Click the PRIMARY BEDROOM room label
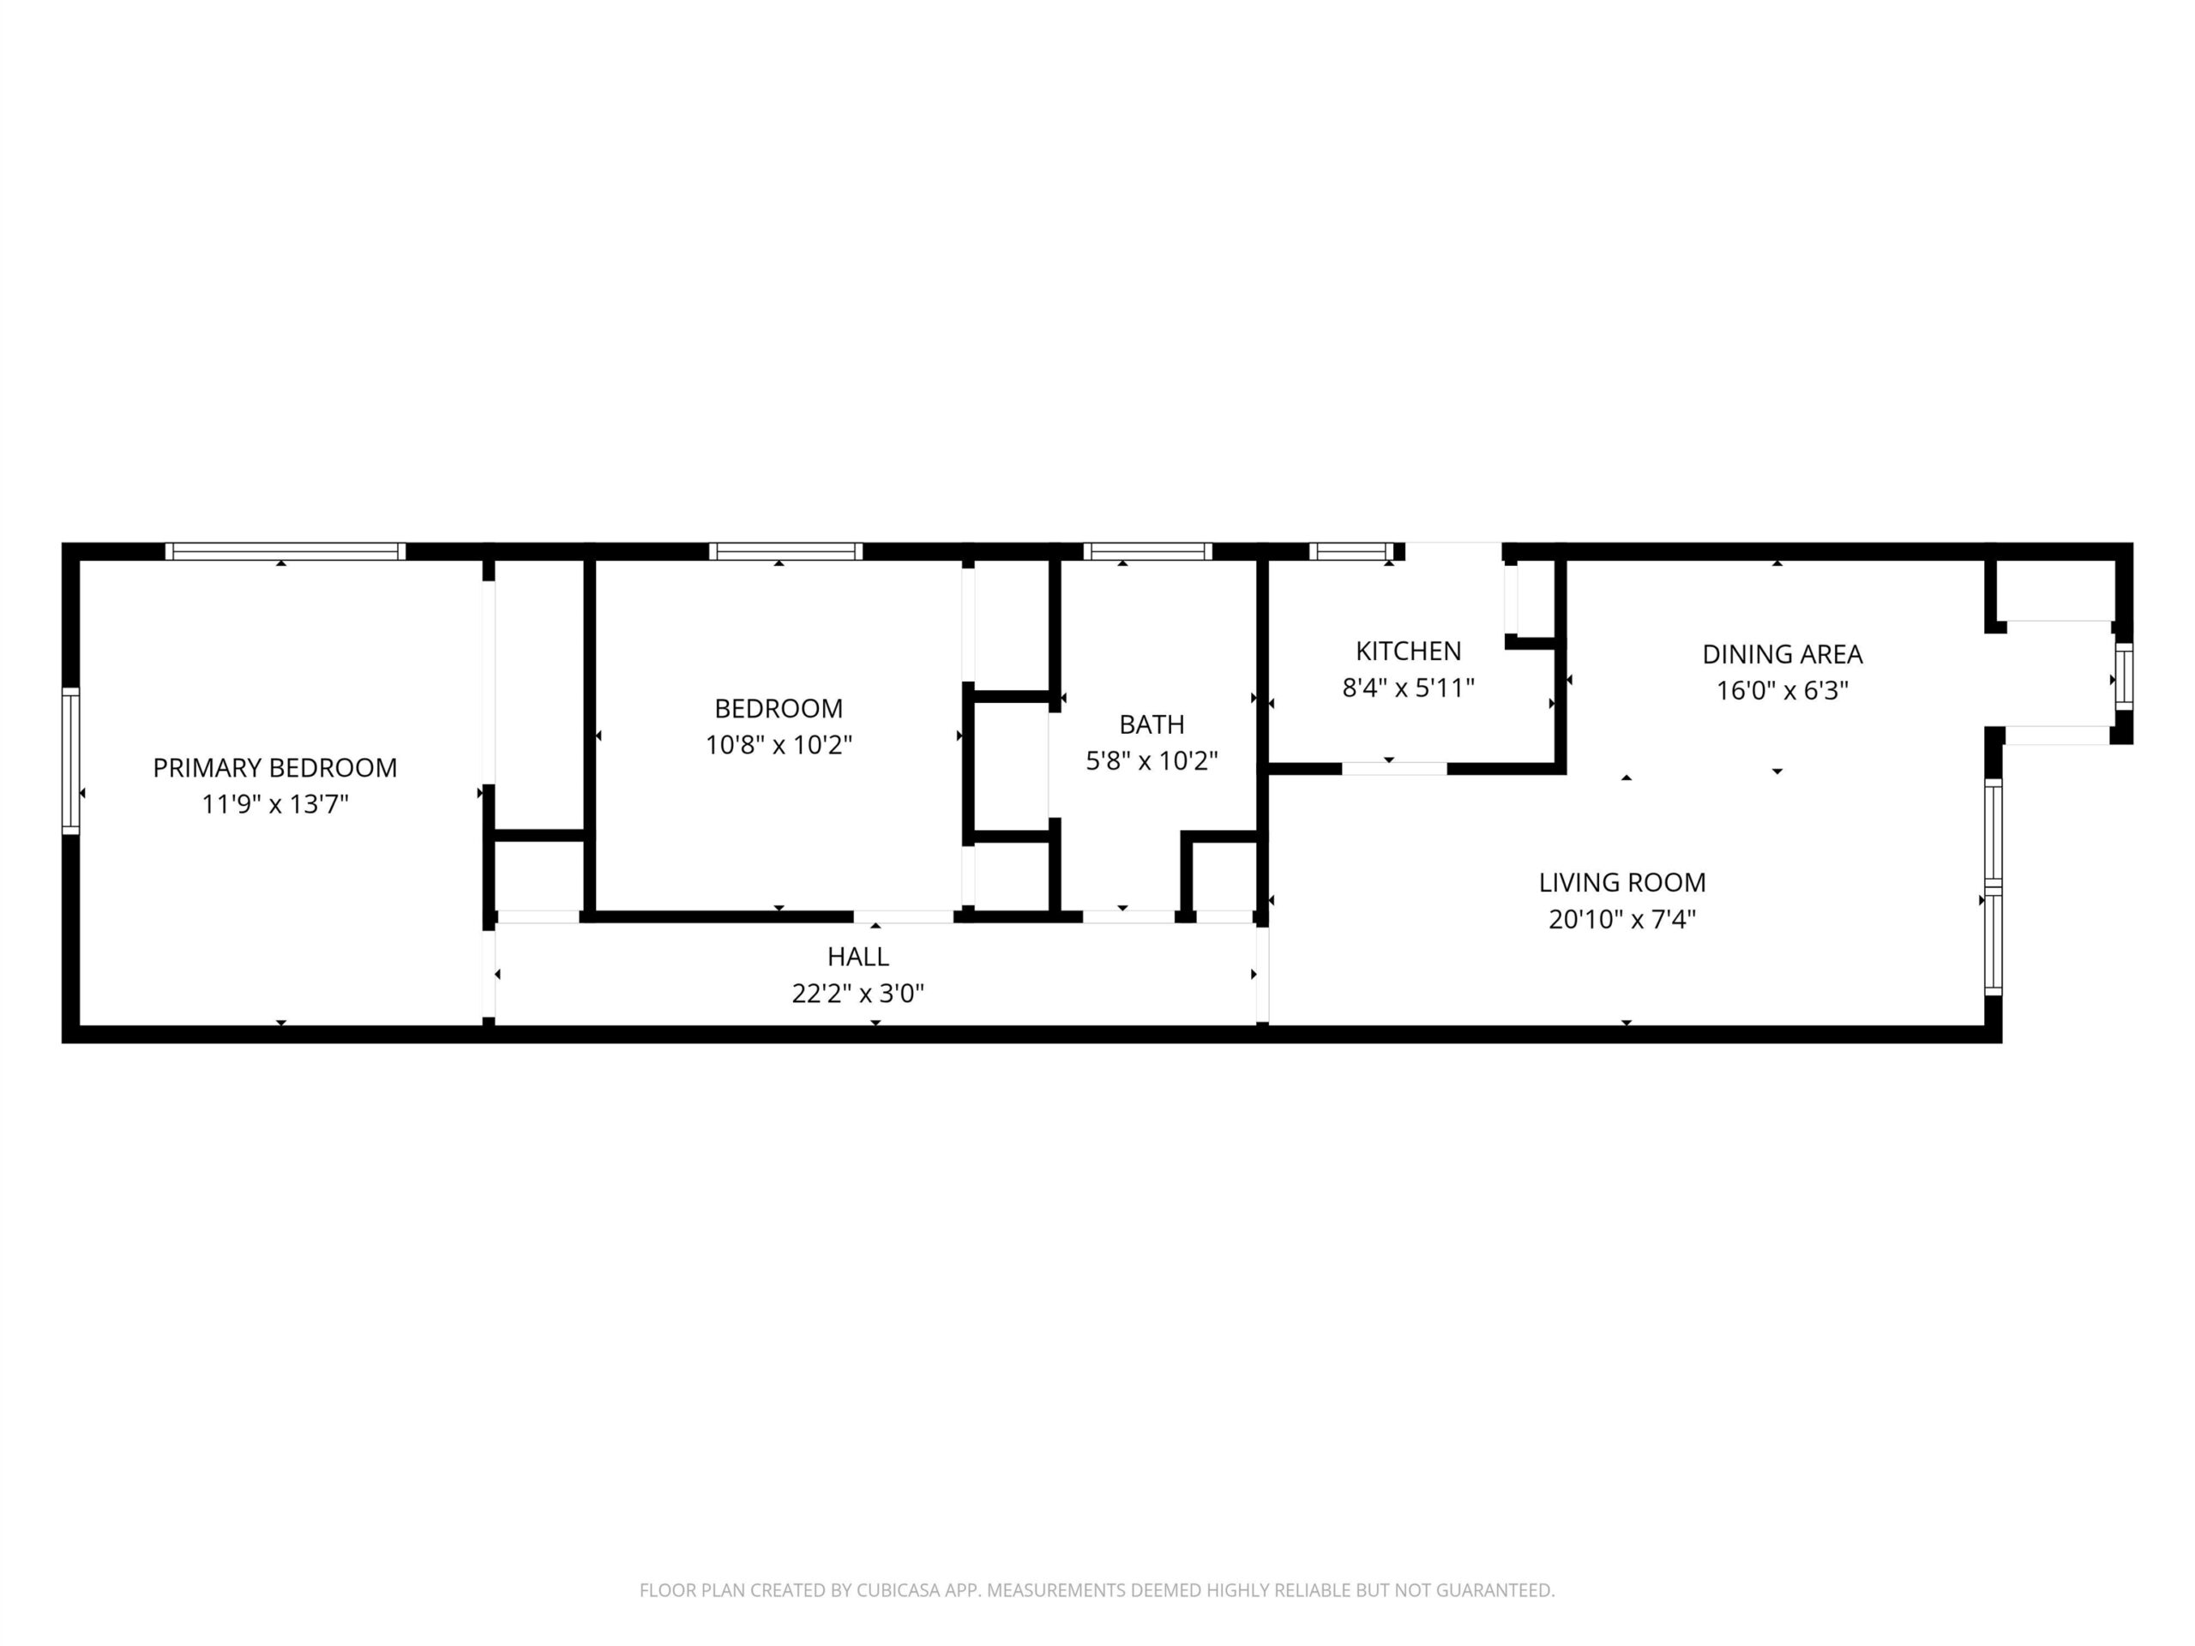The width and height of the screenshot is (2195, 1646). [x=275, y=767]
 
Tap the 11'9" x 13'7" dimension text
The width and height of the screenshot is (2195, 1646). [x=275, y=803]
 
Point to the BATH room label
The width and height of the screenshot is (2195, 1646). [x=1152, y=724]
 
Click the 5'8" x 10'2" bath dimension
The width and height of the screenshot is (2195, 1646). [x=1152, y=761]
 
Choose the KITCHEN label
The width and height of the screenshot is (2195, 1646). [x=1408, y=651]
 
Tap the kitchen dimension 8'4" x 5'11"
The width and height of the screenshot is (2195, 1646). [x=1408, y=688]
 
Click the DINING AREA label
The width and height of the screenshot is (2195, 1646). [x=1783, y=654]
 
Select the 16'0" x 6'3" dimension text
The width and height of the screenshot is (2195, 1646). [x=1783, y=690]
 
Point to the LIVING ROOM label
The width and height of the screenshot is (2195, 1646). [x=1622, y=882]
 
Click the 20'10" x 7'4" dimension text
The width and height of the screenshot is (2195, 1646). [x=1622, y=920]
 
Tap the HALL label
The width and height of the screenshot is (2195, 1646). [x=858, y=957]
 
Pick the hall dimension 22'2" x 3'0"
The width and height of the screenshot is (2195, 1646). [x=858, y=993]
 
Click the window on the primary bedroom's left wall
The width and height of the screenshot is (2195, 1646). [x=70, y=761]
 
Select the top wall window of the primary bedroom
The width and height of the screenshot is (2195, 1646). [x=285, y=551]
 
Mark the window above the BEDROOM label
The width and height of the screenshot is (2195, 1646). [x=785, y=551]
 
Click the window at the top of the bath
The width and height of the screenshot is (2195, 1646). [x=1147, y=551]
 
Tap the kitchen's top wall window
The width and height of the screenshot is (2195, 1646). [x=1351, y=551]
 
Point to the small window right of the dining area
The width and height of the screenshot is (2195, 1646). [x=2124, y=676]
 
